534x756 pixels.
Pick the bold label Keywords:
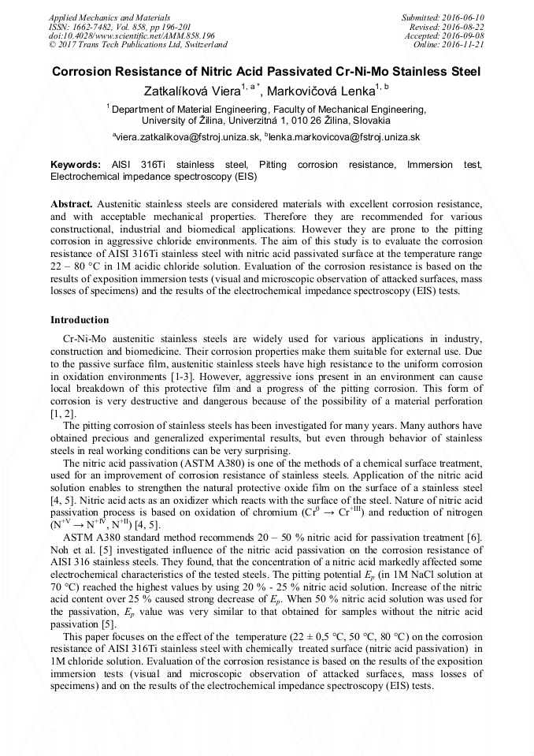76,165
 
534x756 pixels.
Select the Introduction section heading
80,320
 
